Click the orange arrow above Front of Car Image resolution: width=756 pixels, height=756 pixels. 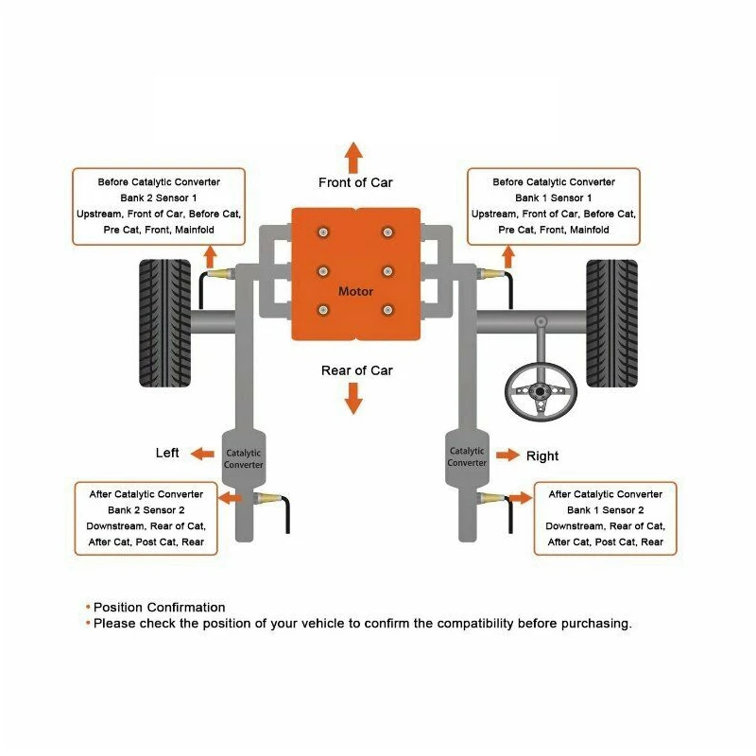pos(353,156)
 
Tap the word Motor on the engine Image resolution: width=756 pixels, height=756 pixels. pos(355,292)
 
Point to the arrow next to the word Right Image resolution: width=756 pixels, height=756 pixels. pos(507,455)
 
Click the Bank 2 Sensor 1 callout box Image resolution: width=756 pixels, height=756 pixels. pos(159,206)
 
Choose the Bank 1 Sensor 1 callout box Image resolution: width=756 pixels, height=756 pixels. pos(554,206)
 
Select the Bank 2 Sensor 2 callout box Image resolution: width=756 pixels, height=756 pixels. pos(146,518)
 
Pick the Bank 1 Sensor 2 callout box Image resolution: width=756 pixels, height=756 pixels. pos(605,518)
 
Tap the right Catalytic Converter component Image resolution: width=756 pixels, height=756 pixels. pos(467,457)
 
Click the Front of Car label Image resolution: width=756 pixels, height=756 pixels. pos(355,182)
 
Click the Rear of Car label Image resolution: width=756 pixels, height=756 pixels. pos(356,370)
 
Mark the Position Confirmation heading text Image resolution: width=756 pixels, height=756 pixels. pos(159,608)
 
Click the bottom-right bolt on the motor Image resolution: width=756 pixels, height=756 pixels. pos(387,309)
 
